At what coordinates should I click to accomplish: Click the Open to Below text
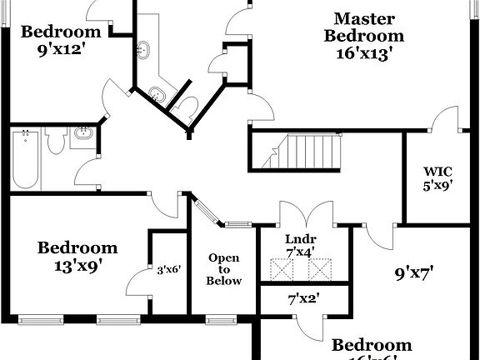(x=224, y=269)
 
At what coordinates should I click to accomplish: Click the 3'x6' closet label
(x=168, y=269)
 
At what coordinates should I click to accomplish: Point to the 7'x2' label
(x=303, y=297)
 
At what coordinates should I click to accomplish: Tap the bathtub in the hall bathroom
(x=25, y=159)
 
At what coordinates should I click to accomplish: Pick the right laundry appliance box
(x=319, y=270)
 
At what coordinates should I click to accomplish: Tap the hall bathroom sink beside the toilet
(x=83, y=134)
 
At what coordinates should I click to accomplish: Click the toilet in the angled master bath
(x=188, y=107)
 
